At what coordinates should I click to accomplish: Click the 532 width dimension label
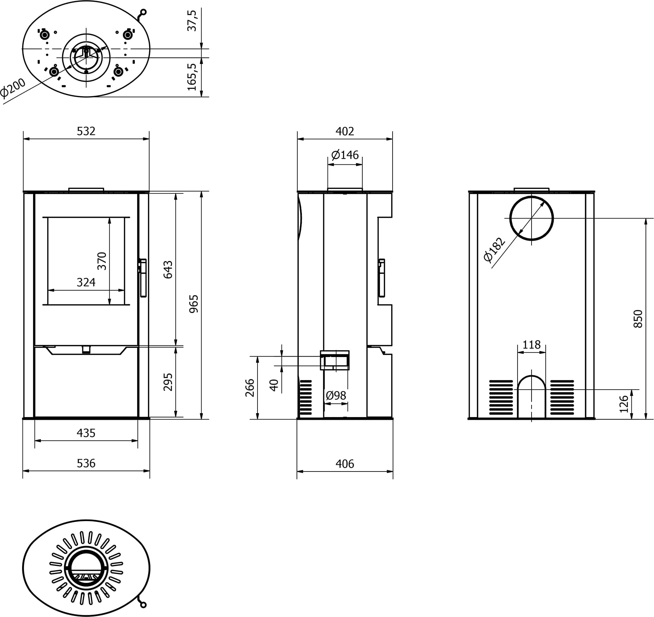(86, 131)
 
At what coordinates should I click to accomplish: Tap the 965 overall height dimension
(194, 304)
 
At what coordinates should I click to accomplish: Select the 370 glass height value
(102, 261)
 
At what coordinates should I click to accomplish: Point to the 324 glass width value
(86, 282)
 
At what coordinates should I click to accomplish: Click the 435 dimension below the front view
(86, 433)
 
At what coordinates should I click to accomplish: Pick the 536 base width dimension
(86, 463)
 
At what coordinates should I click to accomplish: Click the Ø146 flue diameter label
(345, 155)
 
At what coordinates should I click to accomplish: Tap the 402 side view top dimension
(345, 131)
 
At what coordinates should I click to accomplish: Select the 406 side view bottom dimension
(345, 464)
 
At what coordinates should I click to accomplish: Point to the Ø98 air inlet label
(336, 396)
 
